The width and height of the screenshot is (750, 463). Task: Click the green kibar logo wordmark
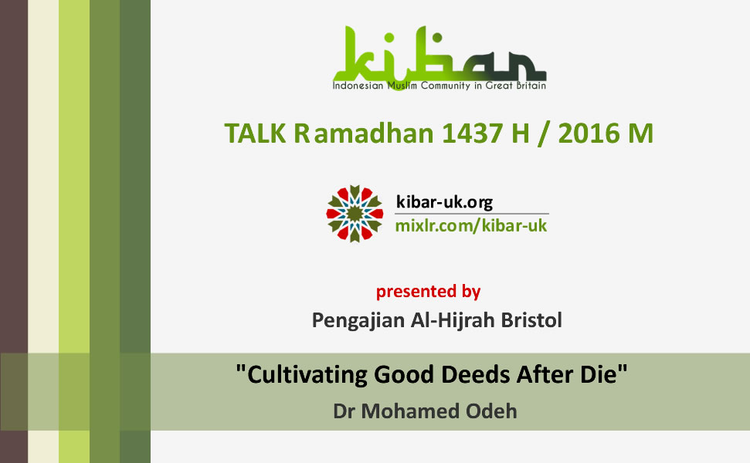click(x=439, y=53)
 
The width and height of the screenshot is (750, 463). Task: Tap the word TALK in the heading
click(x=255, y=133)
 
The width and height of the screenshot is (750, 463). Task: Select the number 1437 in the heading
click(x=472, y=133)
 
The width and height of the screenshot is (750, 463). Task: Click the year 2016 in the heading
click(x=589, y=133)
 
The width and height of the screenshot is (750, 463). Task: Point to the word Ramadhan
click(x=364, y=133)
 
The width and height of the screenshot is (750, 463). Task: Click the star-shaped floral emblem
click(x=355, y=214)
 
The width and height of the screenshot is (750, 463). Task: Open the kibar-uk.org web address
click(x=444, y=203)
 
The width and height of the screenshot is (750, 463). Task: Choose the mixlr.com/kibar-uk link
click(x=471, y=225)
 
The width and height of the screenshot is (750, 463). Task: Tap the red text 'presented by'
click(x=428, y=292)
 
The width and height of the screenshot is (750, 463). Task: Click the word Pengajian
click(x=358, y=320)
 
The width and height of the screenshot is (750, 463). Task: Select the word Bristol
click(x=531, y=319)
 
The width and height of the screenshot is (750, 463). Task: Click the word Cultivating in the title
click(x=307, y=374)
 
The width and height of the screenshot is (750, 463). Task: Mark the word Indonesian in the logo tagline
click(x=358, y=86)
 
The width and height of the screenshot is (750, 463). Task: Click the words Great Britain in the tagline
click(x=516, y=86)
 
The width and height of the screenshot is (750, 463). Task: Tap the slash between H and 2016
click(x=543, y=133)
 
